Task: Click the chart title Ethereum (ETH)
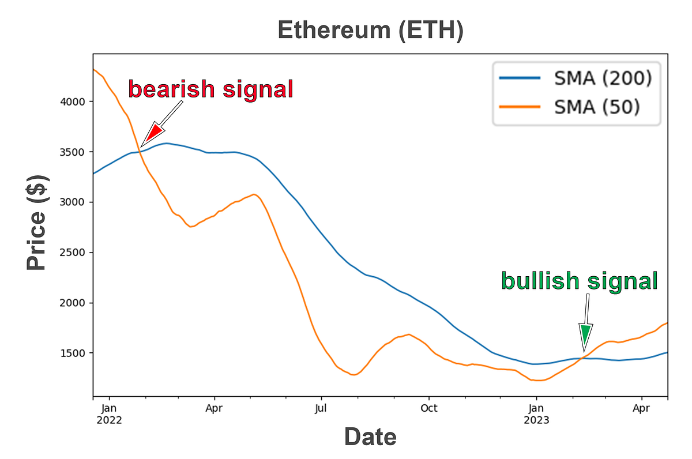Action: pos(370,31)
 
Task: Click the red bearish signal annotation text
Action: pos(210,90)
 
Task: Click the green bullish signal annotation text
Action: pos(579,281)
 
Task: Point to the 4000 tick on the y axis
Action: pos(74,101)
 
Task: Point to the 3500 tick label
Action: pos(74,152)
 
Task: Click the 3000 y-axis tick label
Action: pos(74,202)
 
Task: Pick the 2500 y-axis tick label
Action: pos(74,253)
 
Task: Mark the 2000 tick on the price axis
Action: pos(74,303)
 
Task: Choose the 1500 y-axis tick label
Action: pos(74,353)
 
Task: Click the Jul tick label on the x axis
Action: pos(321,408)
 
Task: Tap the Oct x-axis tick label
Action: pos(428,408)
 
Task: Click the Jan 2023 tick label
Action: pos(536,414)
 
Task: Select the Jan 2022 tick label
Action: pos(110,414)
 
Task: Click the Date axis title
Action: pos(370,437)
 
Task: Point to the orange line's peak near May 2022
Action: pos(254,194)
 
